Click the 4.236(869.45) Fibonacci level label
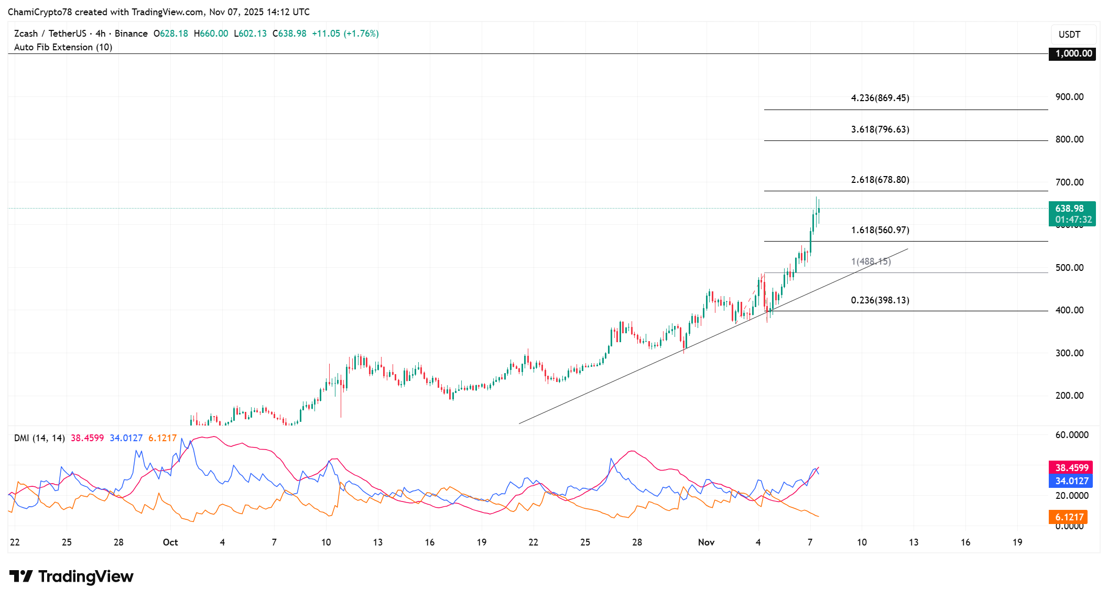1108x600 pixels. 879,98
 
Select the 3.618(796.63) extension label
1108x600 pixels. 879,129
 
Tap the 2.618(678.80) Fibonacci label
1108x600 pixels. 879,180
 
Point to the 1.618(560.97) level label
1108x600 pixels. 879,230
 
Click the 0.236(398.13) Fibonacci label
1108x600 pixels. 879,300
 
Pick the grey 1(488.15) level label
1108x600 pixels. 871,261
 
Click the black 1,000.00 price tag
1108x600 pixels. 1073,53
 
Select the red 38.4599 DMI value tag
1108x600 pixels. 1071,467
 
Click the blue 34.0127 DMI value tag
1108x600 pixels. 1071,481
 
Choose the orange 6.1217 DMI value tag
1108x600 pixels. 1069,517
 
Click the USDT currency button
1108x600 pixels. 1069,35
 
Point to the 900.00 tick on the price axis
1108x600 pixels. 1069,97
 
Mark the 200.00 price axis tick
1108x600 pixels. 1069,396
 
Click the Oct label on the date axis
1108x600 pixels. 170,542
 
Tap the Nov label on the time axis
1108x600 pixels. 706,542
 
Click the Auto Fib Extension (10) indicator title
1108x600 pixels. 63,47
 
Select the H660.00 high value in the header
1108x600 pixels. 211,34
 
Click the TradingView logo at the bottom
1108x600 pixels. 71,576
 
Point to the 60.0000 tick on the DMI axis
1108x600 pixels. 1071,435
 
